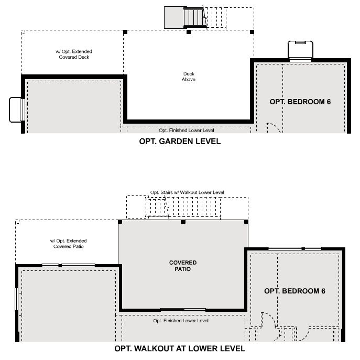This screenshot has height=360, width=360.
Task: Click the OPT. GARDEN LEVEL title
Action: tap(180, 141)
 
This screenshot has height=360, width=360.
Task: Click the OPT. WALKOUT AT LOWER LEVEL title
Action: tap(180, 348)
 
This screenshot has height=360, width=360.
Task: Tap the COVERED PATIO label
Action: tap(183, 266)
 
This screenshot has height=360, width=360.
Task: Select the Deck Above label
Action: tap(189, 77)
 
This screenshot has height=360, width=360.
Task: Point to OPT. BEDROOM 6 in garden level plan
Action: tap(300, 102)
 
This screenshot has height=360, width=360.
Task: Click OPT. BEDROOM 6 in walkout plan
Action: tap(294, 291)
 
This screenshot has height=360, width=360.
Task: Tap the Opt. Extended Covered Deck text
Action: tap(74, 54)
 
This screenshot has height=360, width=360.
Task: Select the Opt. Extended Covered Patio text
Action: tap(69, 244)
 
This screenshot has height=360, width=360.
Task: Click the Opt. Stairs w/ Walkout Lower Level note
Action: tap(187, 192)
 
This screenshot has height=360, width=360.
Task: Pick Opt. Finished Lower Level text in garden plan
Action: tap(187, 130)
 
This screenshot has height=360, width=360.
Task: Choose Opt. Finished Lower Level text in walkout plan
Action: tap(181, 321)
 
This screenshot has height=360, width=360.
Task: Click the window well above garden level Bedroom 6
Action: tap(300, 51)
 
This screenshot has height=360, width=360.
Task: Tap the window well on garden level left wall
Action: tap(17, 110)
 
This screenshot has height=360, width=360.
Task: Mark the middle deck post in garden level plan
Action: tap(189, 32)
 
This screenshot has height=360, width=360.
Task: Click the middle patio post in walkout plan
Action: tap(183, 222)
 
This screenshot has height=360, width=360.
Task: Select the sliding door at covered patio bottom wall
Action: tap(183, 310)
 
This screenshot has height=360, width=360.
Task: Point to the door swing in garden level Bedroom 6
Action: tap(273, 127)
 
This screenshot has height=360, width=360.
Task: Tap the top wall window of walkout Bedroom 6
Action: tap(295, 248)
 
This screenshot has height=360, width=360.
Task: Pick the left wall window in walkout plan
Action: tap(16, 299)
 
